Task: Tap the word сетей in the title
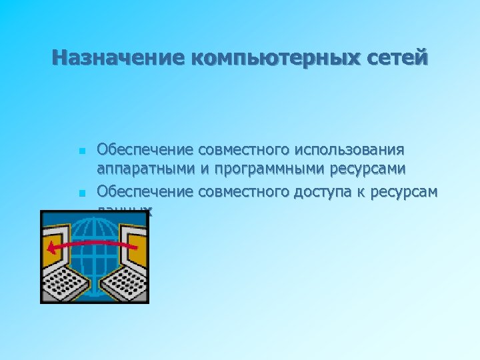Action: coord(397,58)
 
